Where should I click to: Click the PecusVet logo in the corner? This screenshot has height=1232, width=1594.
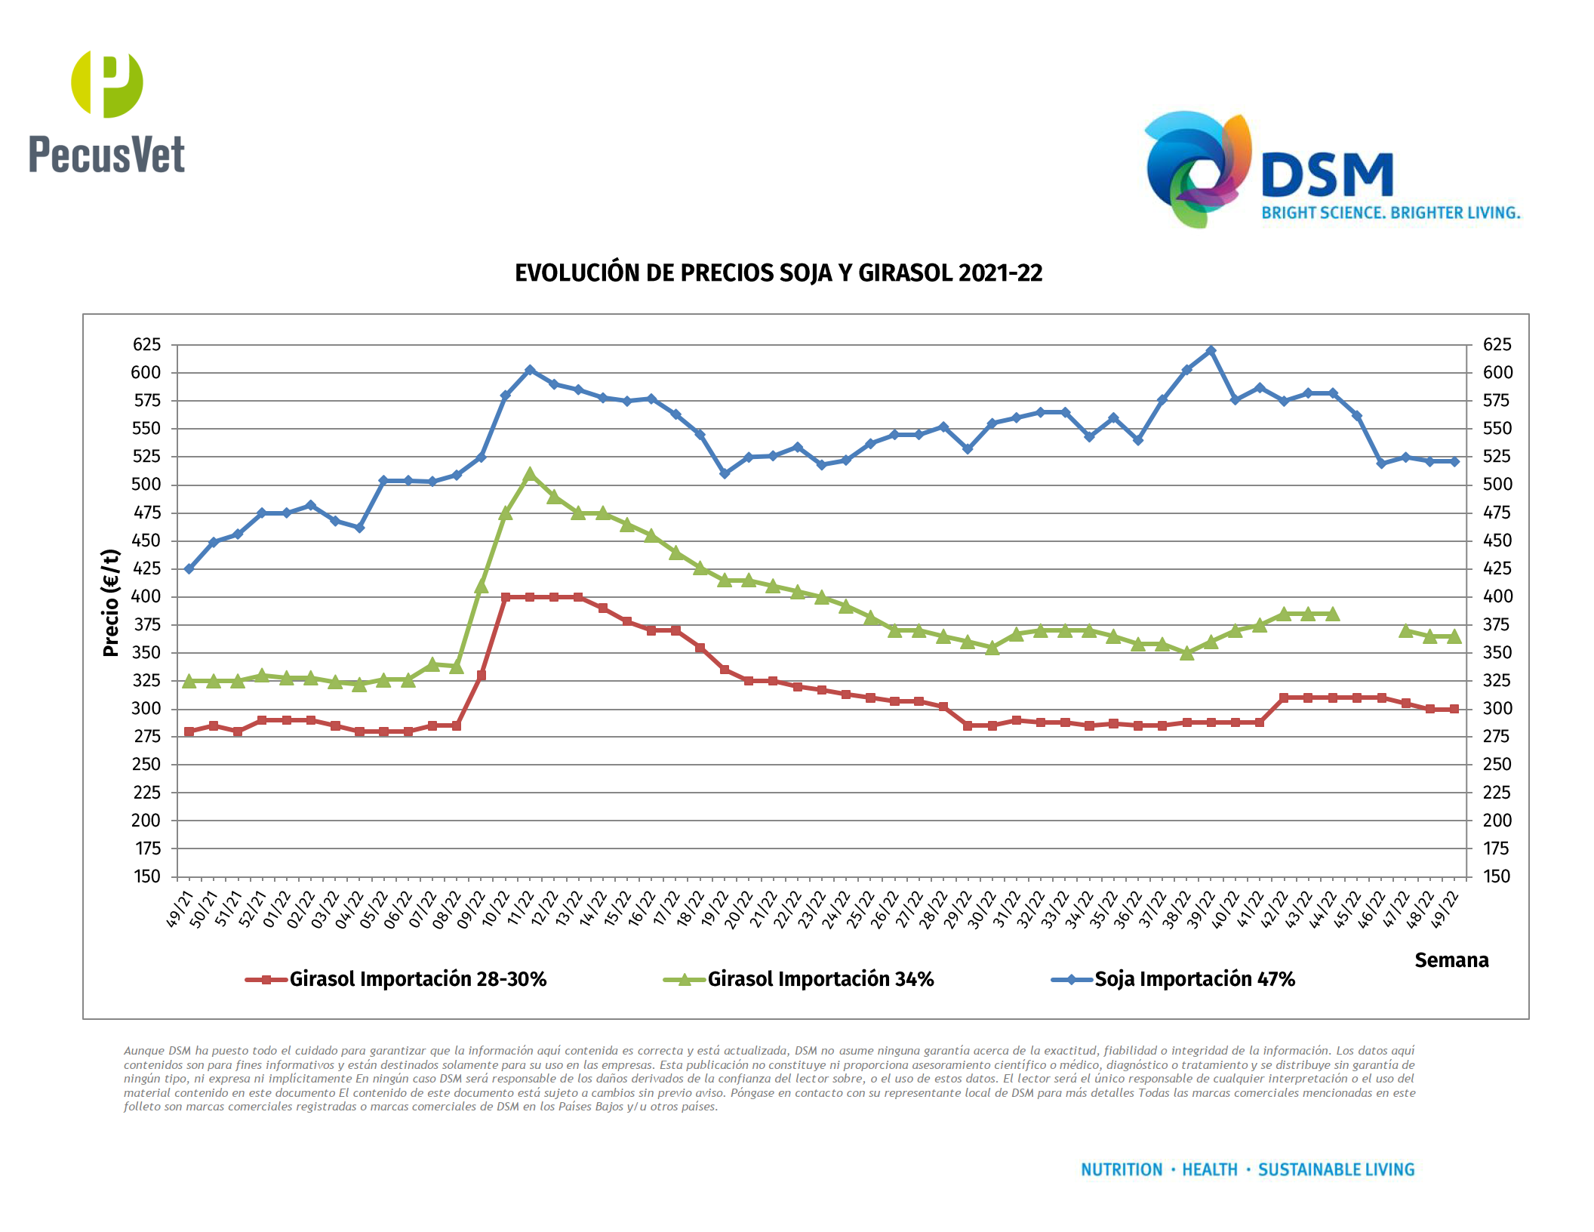pyautogui.click(x=106, y=112)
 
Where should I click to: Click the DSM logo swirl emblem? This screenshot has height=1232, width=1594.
pyautogui.click(x=1197, y=168)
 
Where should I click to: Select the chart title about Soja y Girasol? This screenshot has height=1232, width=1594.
pyautogui.click(x=778, y=273)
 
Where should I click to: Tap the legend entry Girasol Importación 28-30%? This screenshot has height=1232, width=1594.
pyautogui.click(x=417, y=979)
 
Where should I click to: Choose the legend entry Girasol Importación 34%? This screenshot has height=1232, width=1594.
pyautogui.click(x=820, y=979)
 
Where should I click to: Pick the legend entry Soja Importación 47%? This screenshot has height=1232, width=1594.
pyautogui.click(x=1194, y=979)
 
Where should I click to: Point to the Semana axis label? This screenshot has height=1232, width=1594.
pyautogui.click(x=1451, y=960)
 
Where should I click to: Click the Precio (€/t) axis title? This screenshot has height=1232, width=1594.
pyautogui.click(x=111, y=602)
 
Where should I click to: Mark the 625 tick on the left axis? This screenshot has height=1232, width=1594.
pyautogui.click(x=146, y=345)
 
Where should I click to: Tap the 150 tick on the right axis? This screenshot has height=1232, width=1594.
pyautogui.click(x=1496, y=876)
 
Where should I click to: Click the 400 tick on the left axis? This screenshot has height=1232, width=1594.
pyautogui.click(x=146, y=596)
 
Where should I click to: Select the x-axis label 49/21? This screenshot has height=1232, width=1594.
pyautogui.click(x=180, y=910)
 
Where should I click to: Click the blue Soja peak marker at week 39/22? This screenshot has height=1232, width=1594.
pyautogui.click(x=1211, y=351)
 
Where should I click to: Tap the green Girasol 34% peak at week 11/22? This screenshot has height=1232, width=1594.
pyautogui.click(x=529, y=474)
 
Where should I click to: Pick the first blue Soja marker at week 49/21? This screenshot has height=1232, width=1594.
pyautogui.click(x=189, y=568)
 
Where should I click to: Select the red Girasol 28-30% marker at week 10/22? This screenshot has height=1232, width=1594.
pyautogui.click(x=505, y=597)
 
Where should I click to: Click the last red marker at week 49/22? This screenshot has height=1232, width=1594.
pyautogui.click(x=1454, y=709)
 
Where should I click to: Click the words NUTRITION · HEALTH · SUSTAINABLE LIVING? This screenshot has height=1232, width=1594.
pyautogui.click(x=1248, y=1169)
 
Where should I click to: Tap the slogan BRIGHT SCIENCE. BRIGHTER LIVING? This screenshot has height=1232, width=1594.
pyautogui.click(x=1390, y=213)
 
